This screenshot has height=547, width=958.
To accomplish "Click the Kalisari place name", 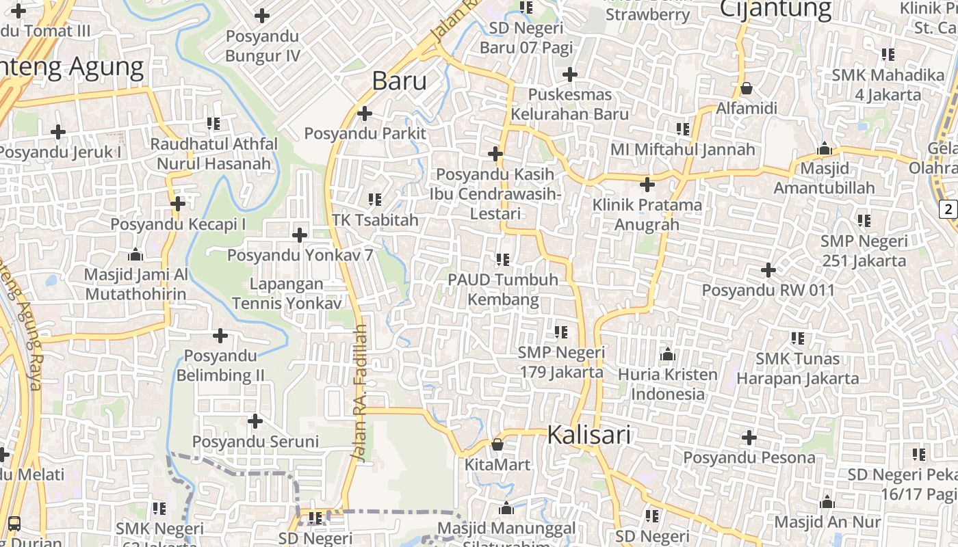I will pos(588,435).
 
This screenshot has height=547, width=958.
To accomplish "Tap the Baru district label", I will pos(400,81).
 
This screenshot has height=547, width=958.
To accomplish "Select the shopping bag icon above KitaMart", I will pos(497,444).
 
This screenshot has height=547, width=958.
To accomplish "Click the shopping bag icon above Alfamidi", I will pos(747,88).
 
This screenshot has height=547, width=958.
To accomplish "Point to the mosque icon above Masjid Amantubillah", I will pos(825,148).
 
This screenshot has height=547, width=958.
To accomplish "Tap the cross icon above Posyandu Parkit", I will pos(365,113).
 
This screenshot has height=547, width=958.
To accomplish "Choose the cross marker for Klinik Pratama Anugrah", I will pos(647,184).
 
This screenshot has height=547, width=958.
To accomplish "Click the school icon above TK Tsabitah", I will pos(374,200).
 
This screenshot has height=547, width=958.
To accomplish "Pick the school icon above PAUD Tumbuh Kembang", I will pos(503,260).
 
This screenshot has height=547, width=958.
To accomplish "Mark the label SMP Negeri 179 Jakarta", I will pos(561,362).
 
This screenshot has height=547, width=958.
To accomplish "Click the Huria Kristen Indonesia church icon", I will pos(667,354).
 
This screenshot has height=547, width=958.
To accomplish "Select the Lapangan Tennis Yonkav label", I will pos(287,293).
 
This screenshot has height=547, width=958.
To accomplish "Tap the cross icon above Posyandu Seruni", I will pos(255,421).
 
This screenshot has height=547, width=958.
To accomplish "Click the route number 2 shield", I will pos(948,209).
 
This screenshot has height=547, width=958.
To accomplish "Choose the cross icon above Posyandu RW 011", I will pos(768,270).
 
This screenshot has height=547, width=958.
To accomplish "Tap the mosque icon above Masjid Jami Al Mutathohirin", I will pos(135,254).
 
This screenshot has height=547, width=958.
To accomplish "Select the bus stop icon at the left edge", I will pos(14,524).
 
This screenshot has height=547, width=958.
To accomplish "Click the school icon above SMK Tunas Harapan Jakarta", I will pos(797,338).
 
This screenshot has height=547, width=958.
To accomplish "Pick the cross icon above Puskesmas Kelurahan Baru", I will pos(569,75).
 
